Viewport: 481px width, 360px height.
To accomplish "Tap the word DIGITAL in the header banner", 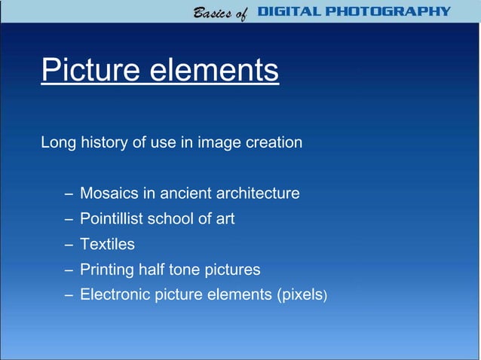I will pos(291,11).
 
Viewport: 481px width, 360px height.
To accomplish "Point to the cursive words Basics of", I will pos(219,13).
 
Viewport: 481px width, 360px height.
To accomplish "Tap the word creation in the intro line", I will pos(272,142).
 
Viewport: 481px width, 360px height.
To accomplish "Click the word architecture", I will pos(258,194).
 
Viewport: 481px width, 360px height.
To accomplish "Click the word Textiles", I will pos(107,244).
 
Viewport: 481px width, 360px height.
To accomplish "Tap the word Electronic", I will pos(115,294).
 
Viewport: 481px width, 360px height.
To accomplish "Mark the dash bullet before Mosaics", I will pos(69,194).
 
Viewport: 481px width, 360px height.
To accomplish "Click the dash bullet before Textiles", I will pos(69,245).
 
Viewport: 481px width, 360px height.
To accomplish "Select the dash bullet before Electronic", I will pos(69,295).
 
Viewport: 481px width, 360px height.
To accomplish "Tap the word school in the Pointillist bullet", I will pos(170,218).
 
